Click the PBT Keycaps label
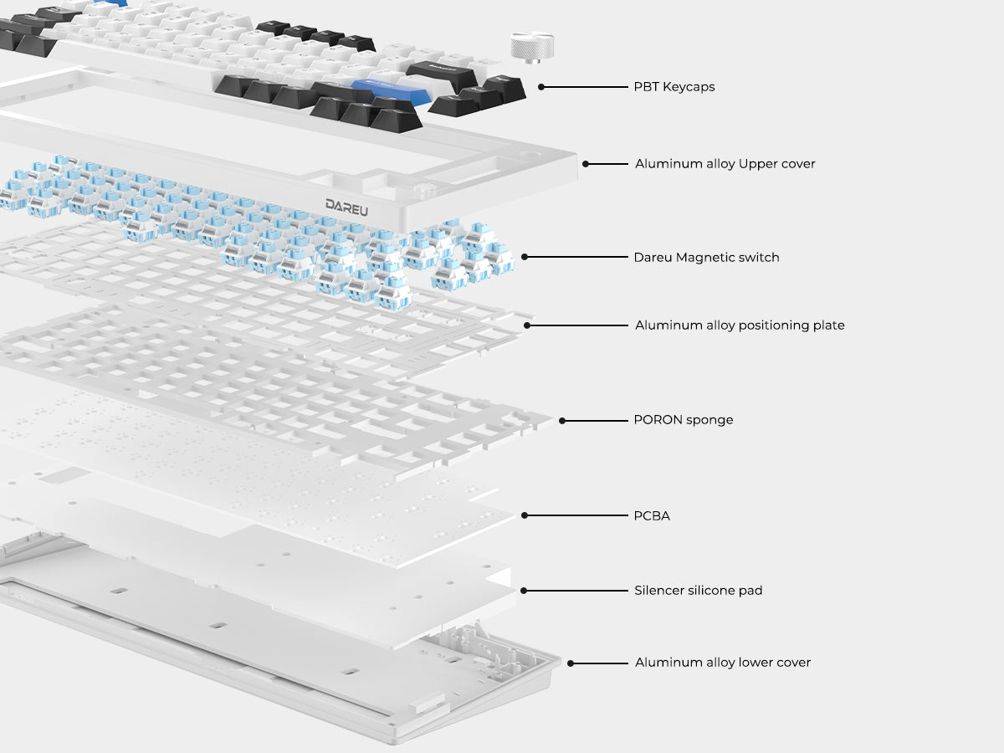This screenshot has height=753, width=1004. point(674,87)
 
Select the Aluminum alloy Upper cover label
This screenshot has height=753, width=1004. point(725,164)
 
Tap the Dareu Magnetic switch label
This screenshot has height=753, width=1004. point(706,258)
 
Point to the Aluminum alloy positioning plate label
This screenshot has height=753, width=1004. point(740,325)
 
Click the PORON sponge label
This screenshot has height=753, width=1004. point(684,420)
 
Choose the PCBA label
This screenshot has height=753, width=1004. point(652,515)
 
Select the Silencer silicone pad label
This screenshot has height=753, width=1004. point(698,590)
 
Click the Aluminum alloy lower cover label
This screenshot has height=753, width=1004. point(723,663)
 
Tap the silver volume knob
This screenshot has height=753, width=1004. point(532,48)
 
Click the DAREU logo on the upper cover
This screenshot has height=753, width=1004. point(346,207)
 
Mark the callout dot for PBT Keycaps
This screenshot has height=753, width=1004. point(541,87)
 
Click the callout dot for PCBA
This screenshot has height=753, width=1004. point(525,515)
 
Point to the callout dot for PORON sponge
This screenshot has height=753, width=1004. point(562,421)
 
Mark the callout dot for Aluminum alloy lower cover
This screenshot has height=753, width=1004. point(571,663)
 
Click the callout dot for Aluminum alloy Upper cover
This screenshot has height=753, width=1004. point(586,164)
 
